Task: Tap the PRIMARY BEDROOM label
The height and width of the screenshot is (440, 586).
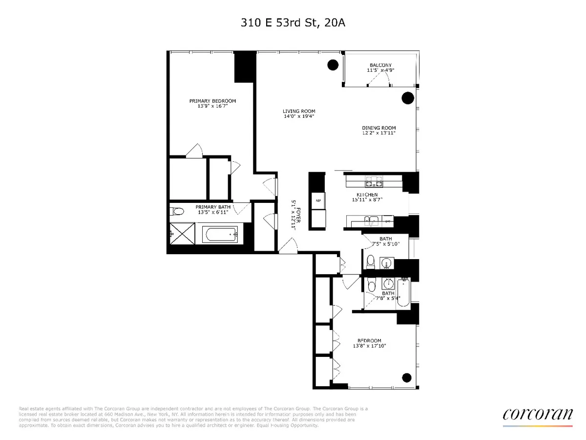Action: [x=209, y=101]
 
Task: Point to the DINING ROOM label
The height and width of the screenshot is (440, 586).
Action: [x=379, y=128]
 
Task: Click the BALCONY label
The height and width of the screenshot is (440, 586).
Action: [x=380, y=65]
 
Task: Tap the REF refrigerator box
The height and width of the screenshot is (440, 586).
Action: [x=317, y=200]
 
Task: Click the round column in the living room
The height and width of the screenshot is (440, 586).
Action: [x=333, y=65]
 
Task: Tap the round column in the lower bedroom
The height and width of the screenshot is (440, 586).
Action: [x=406, y=377]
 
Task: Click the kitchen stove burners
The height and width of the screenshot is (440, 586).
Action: [x=374, y=184]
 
